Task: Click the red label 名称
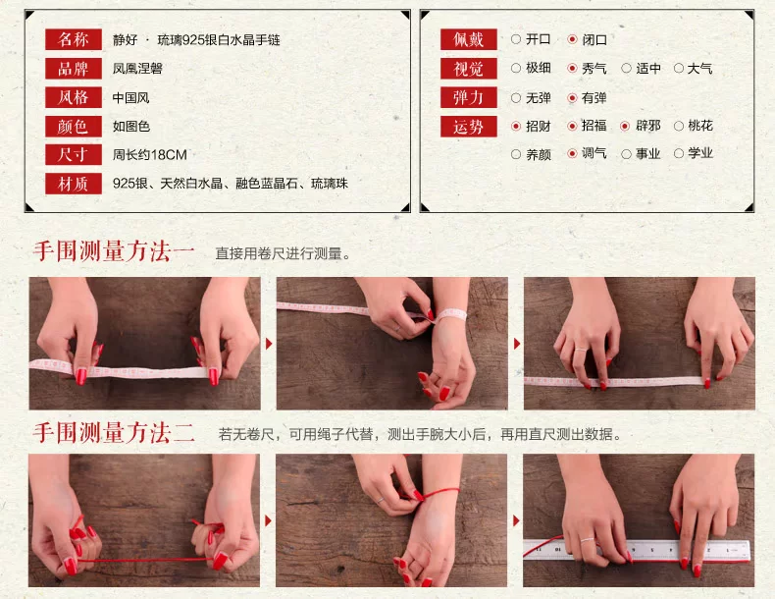(x=74, y=39)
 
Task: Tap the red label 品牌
(x=74, y=69)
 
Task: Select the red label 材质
(x=74, y=184)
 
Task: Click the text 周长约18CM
(x=150, y=155)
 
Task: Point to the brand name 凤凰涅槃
(x=137, y=69)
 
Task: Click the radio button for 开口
(x=516, y=39)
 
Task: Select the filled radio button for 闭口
(x=572, y=39)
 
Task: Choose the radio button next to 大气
(x=679, y=69)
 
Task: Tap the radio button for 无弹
(x=516, y=98)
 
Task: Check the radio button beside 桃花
(x=679, y=126)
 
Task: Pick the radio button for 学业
(x=679, y=154)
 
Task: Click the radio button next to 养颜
(x=516, y=154)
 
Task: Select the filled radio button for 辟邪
(x=625, y=126)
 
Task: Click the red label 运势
(x=469, y=127)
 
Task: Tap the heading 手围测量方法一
(x=114, y=251)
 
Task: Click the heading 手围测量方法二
(x=114, y=433)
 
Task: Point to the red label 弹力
(x=469, y=97)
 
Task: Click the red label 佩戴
(x=469, y=39)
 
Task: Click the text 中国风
(x=131, y=97)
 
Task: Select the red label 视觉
(x=469, y=69)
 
